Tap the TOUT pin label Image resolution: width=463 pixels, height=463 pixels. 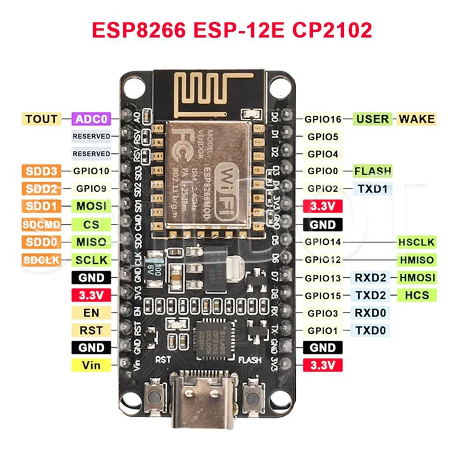click(x=41, y=119)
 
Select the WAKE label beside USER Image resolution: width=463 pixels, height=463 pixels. click(x=416, y=119)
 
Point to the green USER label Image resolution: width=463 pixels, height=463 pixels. click(x=373, y=119)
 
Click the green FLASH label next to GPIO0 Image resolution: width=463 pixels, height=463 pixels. click(x=373, y=171)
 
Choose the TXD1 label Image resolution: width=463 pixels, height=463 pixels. click(x=373, y=189)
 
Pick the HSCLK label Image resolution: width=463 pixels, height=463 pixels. click(x=416, y=242)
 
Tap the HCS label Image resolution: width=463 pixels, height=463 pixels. click(x=416, y=295)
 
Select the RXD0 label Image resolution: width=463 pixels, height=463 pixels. click(x=373, y=313)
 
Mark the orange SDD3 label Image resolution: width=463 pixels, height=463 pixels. click(x=41, y=171)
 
